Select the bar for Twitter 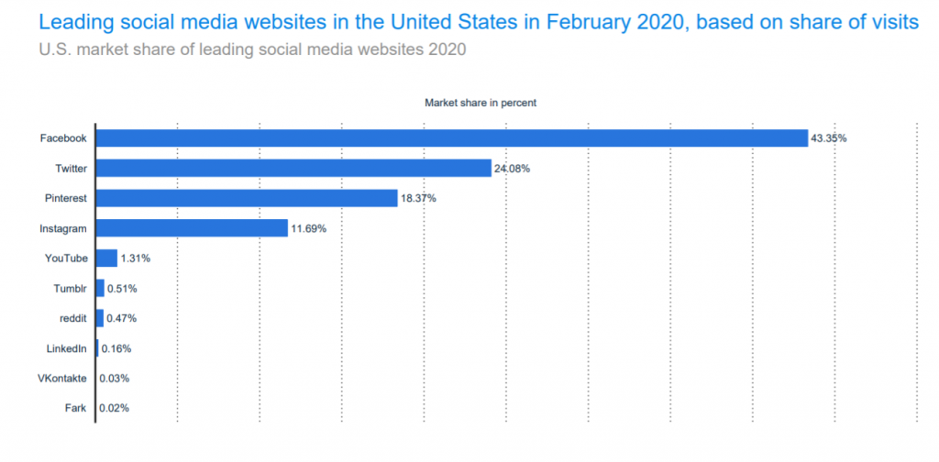click(293, 169)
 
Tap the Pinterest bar click(247, 198)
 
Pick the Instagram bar click(192, 228)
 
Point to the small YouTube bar click(106, 258)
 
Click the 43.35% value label click(828, 138)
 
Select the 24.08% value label click(512, 169)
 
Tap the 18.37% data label click(418, 198)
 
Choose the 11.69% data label click(308, 228)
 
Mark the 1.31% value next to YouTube click(135, 258)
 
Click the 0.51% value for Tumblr click(122, 289)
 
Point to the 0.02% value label click(114, 408)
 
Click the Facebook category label click(63, 138)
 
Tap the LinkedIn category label click(67, 348)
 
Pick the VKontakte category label click(62, 378)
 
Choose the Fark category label click(76, 408)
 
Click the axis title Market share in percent click(480, 103)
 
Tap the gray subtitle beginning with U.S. click(252, 49)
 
